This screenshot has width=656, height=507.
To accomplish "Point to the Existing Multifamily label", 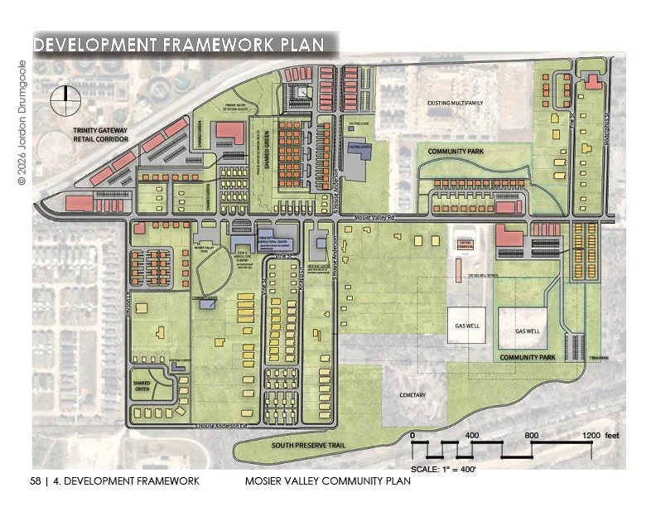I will coord(455,104).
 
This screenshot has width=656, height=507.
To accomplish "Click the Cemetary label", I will coord(412,395).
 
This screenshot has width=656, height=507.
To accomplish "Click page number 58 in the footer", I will coord(35,480).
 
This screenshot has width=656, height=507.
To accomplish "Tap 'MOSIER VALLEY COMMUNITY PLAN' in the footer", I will coord(328,480).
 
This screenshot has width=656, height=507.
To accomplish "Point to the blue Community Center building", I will coord(208,304).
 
